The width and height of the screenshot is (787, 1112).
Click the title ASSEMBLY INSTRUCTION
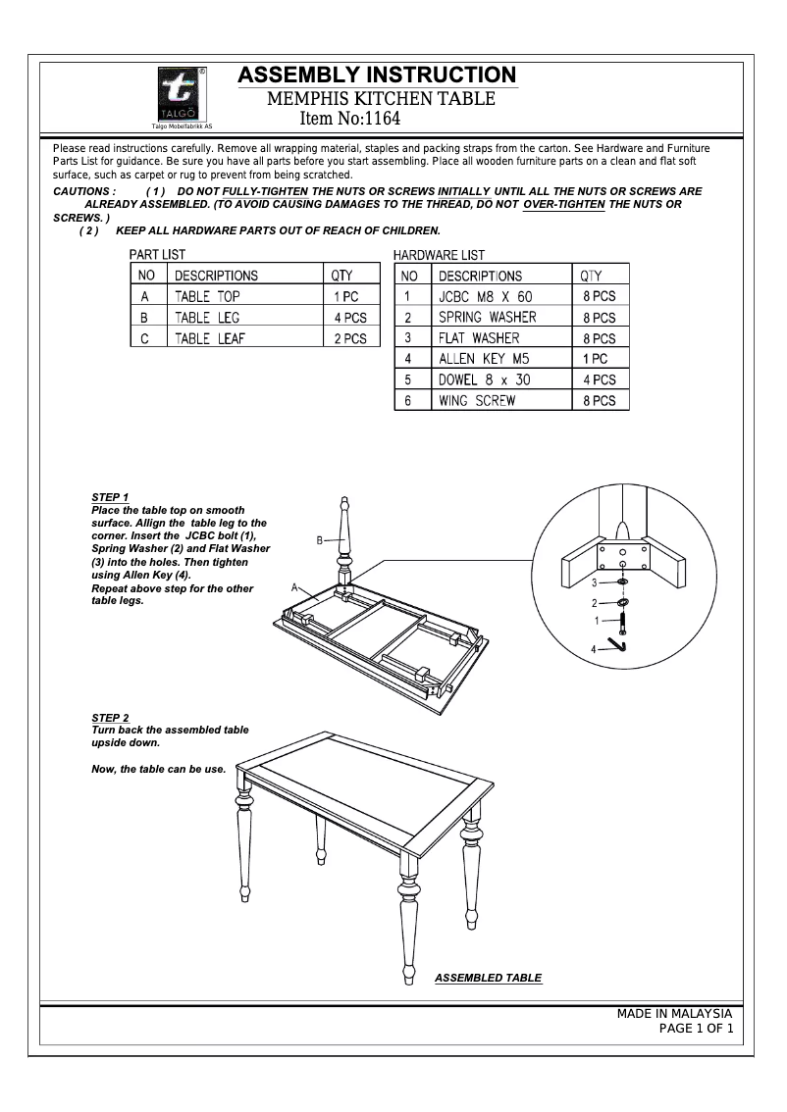377,76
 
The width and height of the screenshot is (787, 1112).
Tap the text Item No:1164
349,120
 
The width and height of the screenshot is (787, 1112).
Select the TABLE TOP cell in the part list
207,296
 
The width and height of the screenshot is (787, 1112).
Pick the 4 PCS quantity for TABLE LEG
349,318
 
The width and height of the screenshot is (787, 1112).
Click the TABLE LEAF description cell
209,339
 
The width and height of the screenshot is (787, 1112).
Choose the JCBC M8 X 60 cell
485,296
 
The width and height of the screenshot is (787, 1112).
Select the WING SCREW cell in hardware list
477,401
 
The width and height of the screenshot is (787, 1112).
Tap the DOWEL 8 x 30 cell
484,379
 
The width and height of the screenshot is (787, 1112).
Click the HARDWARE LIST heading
439,255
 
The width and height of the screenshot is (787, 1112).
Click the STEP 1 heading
110,498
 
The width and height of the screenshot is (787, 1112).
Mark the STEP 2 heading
110,719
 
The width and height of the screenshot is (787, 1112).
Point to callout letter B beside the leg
320,540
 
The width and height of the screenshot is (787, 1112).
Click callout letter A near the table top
294,586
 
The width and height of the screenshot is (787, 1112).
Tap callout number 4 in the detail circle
593,649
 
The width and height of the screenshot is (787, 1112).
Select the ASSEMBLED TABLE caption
488,979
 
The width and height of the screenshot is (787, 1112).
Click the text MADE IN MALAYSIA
674,1014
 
